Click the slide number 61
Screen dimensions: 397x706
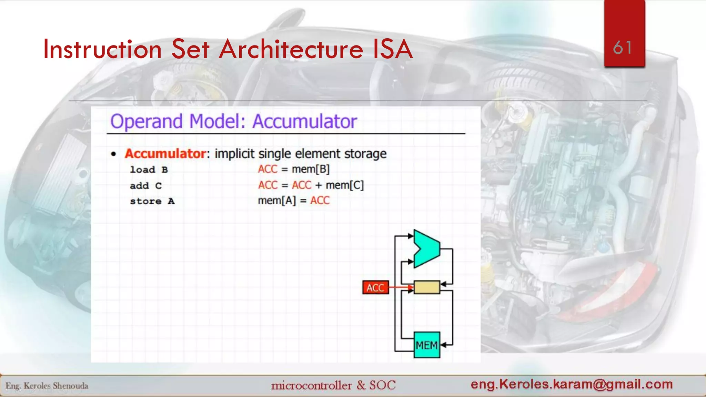pyautogui.click(x=623, y=48)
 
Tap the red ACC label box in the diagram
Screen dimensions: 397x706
pyautogui.click(x=375, y=288)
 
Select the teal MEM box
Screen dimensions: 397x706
pyautogui.click(x=427, y=345)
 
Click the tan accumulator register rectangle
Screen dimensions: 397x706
pyautogui.click(x=427, y=287)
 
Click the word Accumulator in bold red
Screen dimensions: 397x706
pyautogui.click(x=165, y=154)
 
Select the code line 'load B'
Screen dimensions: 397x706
pyautogui.click(x=149, y=170)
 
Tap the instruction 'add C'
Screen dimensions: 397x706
pyautogui.click(x=145, y=186)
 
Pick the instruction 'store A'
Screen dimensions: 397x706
pyautogui.click(x=152, y=201)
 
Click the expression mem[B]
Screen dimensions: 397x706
pyautogui.click(x=311, y=169)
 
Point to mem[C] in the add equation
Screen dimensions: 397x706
pyautogui.click(x=344, y=185)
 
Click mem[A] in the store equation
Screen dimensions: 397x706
pyautogui.click(x=277, y=201)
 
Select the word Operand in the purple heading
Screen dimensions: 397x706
pyautogui.click(x=146, y=122)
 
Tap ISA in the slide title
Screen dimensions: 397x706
pyautogui.click(x=393, y=49)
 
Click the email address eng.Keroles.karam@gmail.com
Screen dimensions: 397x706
pyautogui.click(x=572, y=384)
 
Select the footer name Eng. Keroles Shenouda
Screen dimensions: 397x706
pyautogui.click(x=47, y=386)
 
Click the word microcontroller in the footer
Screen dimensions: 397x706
pyautogui.click(x=312, y=385)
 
